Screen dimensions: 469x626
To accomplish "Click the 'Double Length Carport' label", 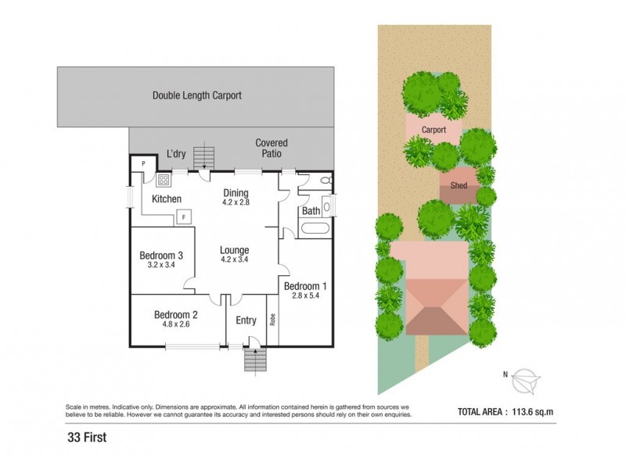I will tap(196, 95).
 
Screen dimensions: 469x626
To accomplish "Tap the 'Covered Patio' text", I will tap(272, 149).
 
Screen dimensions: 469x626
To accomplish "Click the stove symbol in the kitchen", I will tap(165, 181).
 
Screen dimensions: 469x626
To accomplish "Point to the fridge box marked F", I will tap(184, 217).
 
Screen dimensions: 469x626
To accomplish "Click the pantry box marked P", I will tap(142, 164).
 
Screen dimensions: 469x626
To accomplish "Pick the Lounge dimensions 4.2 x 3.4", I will tap(235, 260).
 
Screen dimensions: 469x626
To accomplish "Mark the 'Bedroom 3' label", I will tap(161, 255).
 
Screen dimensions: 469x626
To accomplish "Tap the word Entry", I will tap(246, 320).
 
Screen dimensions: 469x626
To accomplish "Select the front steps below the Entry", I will tap(255, 360).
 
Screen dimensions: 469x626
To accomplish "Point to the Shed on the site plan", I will tap(459, 185).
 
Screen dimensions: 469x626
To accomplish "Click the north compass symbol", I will tap(526, 381).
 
